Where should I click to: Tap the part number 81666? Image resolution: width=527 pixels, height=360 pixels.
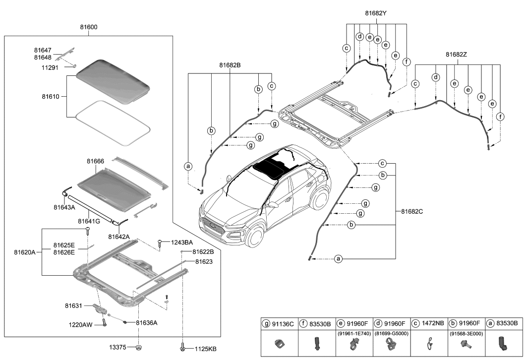[95, 162]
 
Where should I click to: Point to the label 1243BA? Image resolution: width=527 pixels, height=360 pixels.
[181, 242]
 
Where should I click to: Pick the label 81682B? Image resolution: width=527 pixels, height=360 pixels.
[230, 64]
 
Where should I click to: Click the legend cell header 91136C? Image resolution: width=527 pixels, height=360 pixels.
[283, 324]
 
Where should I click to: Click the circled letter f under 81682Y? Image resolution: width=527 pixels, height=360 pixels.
[407, 62]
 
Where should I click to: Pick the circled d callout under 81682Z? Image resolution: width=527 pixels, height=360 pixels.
[436, 77]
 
